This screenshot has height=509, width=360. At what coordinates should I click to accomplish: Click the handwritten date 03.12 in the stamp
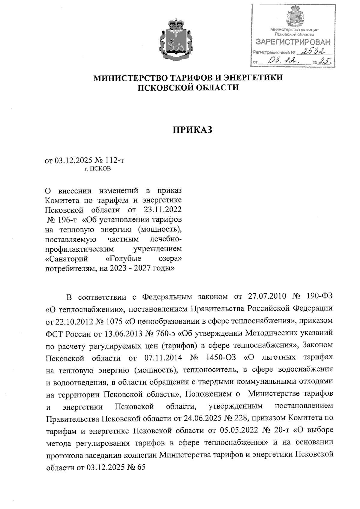tap(283, 61)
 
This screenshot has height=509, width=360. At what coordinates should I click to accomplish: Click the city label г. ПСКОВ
tap(97, 169)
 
